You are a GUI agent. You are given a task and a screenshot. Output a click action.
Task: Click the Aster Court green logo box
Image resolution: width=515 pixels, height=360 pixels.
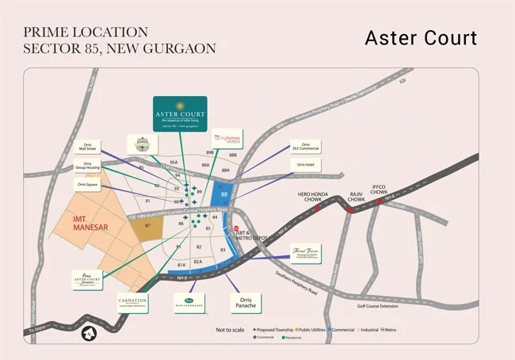pyautogui.click(x=180, y=113)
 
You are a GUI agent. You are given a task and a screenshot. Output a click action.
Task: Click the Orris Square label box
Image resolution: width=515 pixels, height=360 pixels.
pyautogui.click(x=86, y=185)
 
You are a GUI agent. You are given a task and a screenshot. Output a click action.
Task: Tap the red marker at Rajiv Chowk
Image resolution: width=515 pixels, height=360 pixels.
pyautogui.click(x=349, y=210)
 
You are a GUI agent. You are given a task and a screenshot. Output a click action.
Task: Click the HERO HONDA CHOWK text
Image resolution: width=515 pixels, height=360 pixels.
pyautogui.click(x=304, y=196)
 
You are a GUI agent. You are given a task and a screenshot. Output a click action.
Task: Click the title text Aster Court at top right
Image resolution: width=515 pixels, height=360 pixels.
pyautogui.click(x=421, y=38)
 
